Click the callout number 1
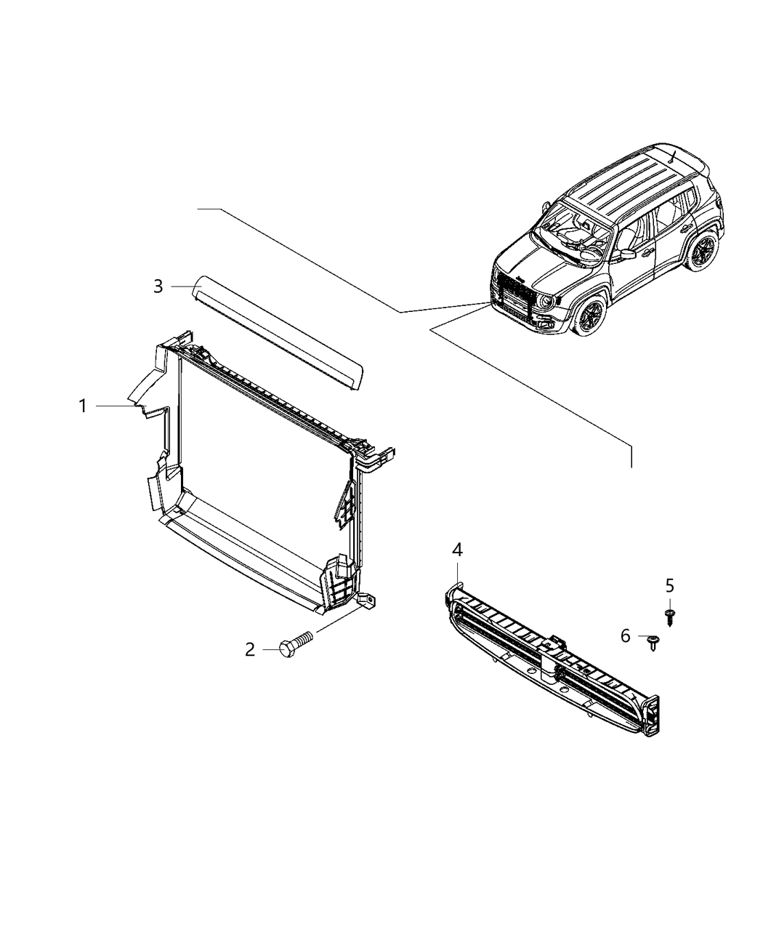[83, 406]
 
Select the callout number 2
[250, 649]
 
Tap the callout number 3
[158, 286]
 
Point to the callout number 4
[457, 550]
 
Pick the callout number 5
[669, 585]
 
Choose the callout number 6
[626, 636]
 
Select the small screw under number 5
[668, 617]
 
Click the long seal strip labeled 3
[280, 331]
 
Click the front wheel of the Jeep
[591, 315]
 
